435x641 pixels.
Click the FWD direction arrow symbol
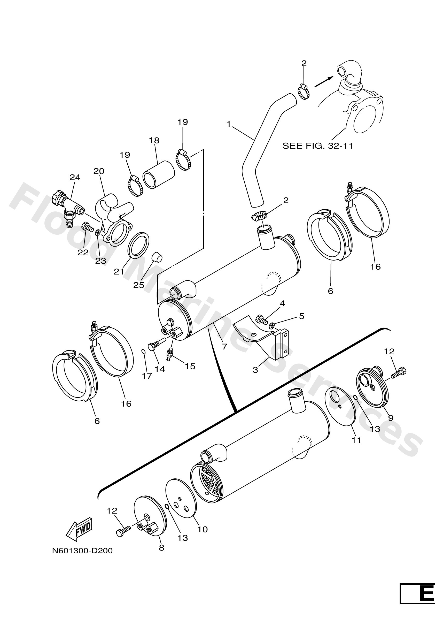[79, 530]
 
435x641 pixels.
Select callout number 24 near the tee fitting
[75, 177]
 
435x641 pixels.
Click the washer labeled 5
[272, 326]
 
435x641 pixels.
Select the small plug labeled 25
[157, 257]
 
